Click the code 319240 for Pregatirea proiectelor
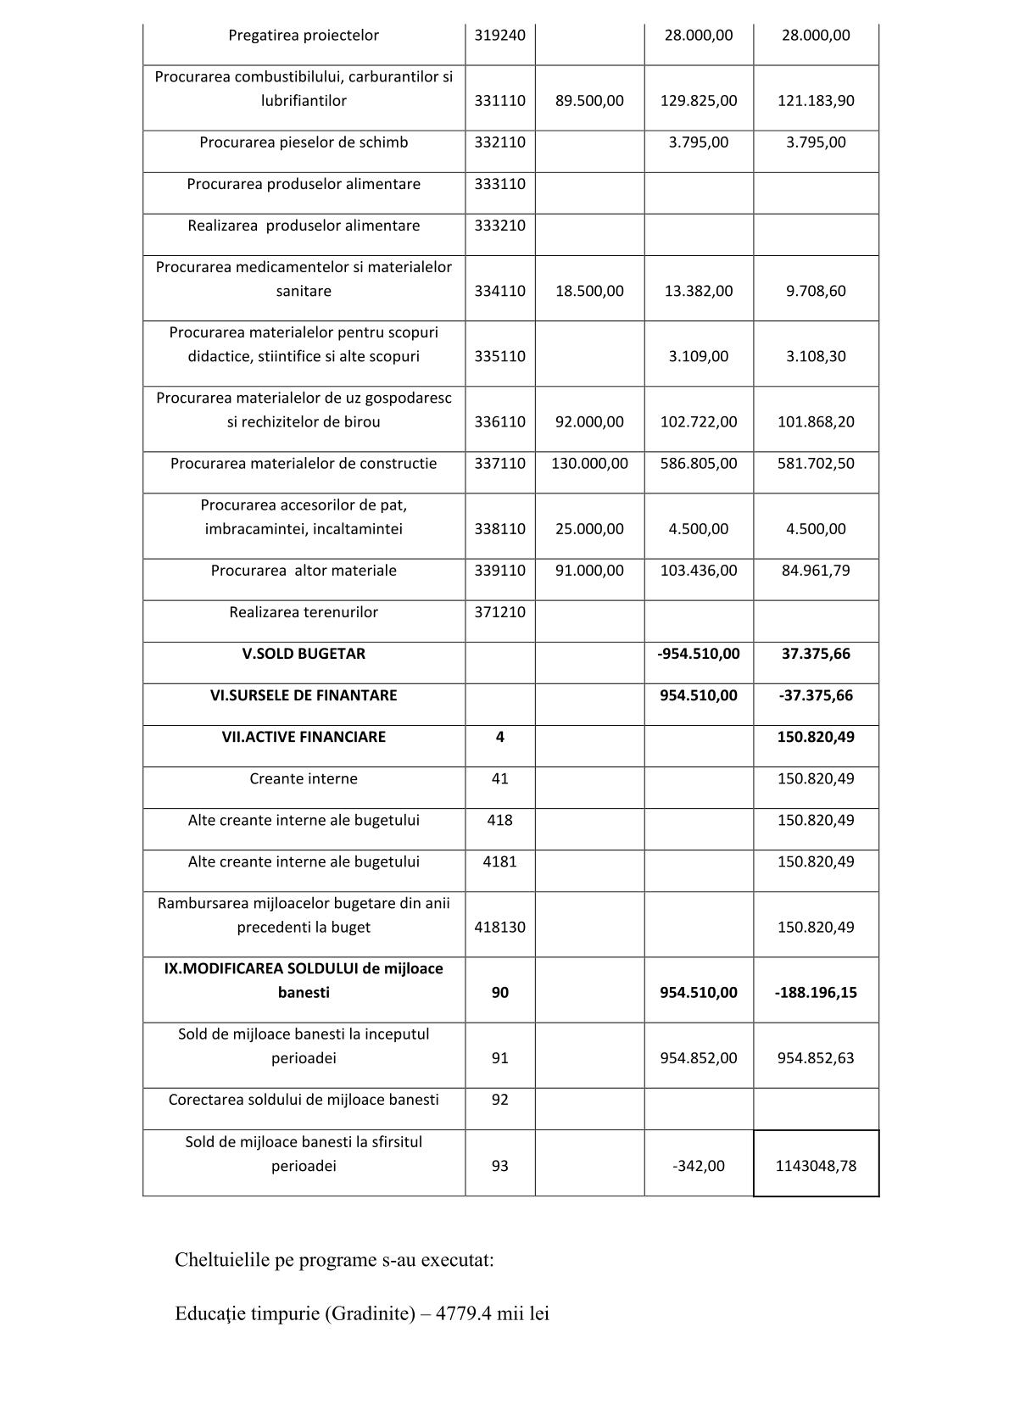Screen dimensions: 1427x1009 tap(499, 36)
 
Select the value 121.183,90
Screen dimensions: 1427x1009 tap(816, 101)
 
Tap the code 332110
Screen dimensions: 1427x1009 tap(499, 142)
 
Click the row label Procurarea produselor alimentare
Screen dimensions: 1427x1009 tap(304, 184)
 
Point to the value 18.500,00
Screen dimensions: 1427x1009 tap(589, 291)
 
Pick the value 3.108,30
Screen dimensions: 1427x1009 tap(816, 356)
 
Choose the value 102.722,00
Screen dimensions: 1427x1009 tap(699, 421)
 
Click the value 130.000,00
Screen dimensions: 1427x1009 tap(589, 464)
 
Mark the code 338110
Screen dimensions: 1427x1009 tap(499, 529)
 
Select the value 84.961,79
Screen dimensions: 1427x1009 tap(816, 571)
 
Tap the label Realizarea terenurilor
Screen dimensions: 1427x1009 tap(304, 612)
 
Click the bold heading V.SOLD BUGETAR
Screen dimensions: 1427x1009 tap(304, 654)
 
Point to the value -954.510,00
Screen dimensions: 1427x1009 tap(699, 654)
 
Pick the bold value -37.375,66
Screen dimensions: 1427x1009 tap(816, 695)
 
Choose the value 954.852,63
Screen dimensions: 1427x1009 tap(816, 1058)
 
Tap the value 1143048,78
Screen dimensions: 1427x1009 tap(816, 1166)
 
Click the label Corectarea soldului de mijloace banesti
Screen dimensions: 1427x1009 tap(304, 1100)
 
